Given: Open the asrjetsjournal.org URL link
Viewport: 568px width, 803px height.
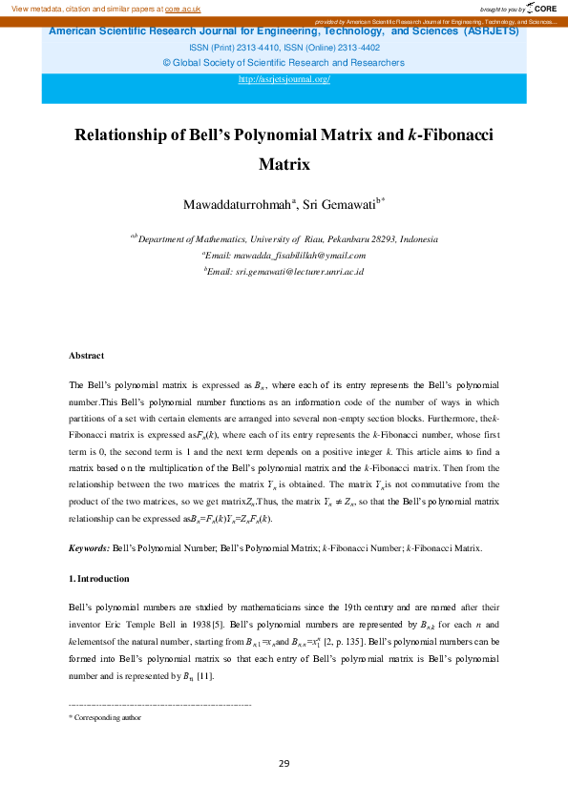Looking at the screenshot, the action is tap(284, 79).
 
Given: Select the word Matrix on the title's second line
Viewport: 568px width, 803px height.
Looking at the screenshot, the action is tap(284, 163).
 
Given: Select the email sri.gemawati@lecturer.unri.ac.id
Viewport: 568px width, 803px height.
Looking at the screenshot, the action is tap(300, 272).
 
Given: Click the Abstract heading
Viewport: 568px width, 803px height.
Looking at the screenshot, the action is tap(86, 356).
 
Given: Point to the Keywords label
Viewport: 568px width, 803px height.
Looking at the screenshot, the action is tap(89, 547).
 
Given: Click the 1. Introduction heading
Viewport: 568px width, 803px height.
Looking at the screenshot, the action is tap(99, 579).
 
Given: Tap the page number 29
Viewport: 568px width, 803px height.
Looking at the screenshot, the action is tap(284, 763).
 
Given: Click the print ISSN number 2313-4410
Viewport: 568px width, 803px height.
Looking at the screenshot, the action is tap(247, 47).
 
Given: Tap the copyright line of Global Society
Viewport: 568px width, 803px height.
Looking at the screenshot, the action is tap(284, 63).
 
